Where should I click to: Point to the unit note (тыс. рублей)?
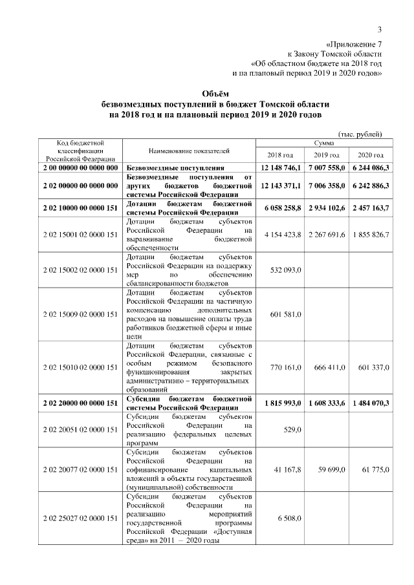pos(360,133)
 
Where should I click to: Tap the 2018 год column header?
pos(280,156)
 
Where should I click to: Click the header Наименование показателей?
pos(189,151)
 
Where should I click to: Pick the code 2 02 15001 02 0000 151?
pos(80,233)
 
